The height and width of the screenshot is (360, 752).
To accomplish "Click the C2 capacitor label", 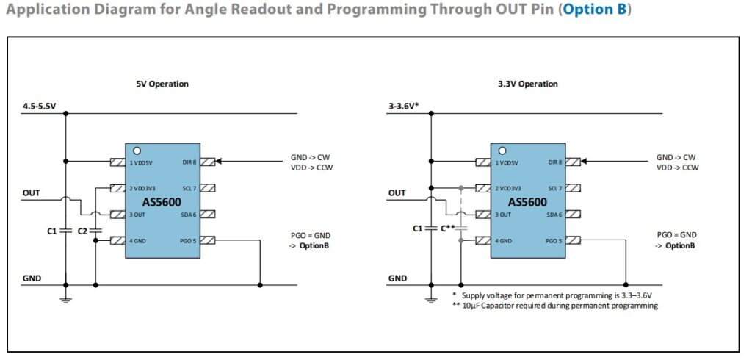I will point(82,231).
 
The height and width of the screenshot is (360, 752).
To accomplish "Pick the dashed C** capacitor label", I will point(448,228).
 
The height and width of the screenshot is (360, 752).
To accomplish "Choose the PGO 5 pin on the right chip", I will point(552,240).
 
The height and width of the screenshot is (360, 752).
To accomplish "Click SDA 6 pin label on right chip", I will point(552,215).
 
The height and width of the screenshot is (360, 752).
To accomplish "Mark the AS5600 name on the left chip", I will point(160,201).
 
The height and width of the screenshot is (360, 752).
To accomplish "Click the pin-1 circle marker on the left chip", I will point(136,151).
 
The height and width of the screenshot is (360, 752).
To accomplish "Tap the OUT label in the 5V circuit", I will point(32,193).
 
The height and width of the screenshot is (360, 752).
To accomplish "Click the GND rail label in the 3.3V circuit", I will point(397,278).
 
